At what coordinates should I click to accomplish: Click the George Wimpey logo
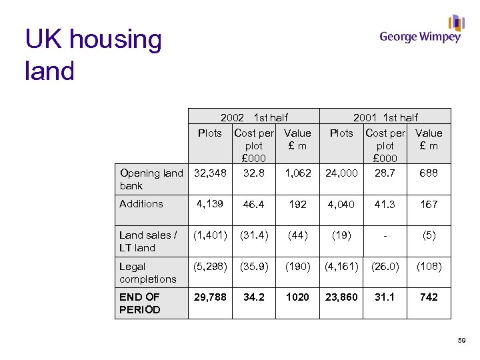pos(421,30)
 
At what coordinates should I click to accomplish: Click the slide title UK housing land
pos(93,55)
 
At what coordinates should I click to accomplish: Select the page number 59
pos(462,341)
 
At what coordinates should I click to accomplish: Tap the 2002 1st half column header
pos(254,117)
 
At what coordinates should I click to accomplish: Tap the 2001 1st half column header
pos(385,117)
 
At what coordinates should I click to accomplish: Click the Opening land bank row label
pos(151,179)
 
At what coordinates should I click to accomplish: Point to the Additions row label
pos(141,204)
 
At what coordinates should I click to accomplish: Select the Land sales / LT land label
pos(148,241)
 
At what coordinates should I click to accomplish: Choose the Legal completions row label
pos(148,273)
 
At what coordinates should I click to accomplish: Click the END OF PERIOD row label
pos(140,303)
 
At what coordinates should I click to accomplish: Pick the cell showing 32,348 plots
pos(210,173)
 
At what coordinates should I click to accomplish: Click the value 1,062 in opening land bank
pos(297,173)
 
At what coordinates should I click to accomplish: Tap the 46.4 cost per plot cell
pos(254,205)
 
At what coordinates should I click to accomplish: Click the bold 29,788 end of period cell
pos(210,297)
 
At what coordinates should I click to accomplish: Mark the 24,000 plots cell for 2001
pos(341,173)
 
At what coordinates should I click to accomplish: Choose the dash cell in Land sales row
pos(385,235)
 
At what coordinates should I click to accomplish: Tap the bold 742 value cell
pos(429,297)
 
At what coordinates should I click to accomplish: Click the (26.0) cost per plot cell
pos(385,267)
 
